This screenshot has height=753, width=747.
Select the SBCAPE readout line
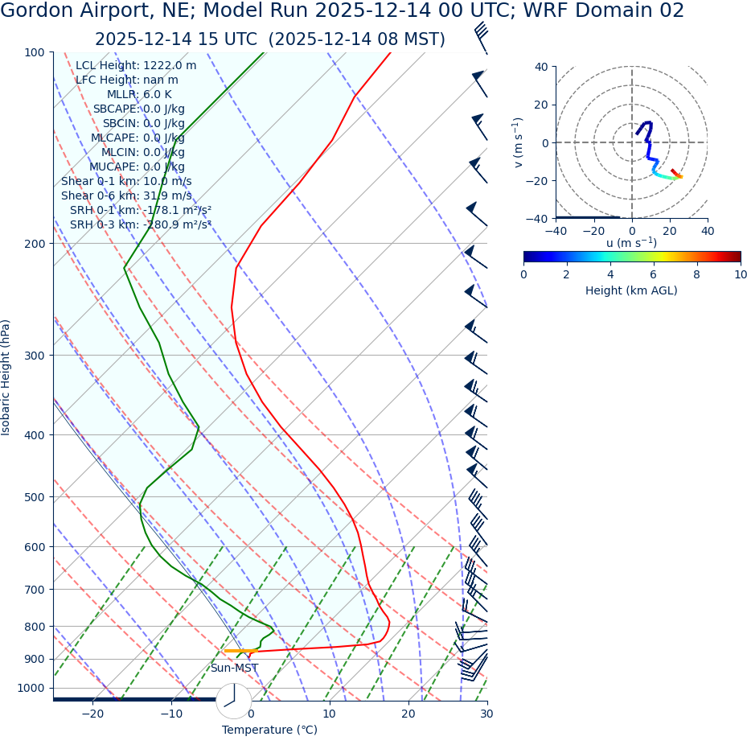(x=138, y=109)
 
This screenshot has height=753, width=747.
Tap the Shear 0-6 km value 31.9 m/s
(x=166, y=195)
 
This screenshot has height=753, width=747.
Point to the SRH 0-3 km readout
(x=140, y=224)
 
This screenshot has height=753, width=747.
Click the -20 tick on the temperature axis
(x=92, y=714)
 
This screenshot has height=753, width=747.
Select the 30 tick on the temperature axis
(x=486, y=714)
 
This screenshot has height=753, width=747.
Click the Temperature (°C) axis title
(x=269, y=730)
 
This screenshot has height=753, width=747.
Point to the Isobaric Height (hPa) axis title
(x=6, y=377)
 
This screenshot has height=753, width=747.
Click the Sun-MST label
(x=234, y=668)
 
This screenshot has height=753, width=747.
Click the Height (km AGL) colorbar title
(x=631, y=290)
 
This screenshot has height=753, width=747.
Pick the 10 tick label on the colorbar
(x=740, y=274)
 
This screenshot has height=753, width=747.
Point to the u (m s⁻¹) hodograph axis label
(x=631, y=243)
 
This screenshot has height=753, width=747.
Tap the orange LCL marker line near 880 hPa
(x=241, y=651)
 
